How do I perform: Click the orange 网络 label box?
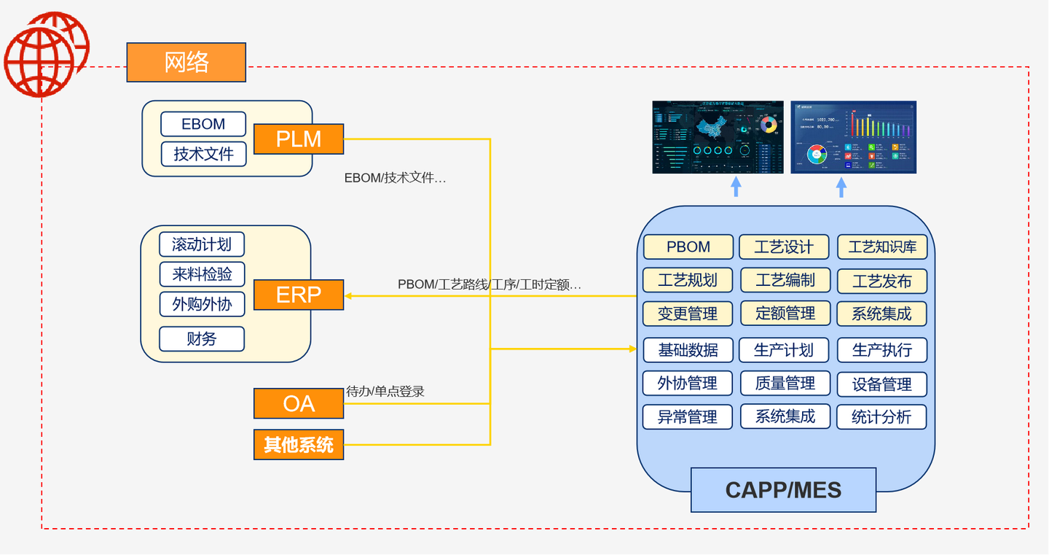(x=186, y=62)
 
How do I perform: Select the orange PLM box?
(x=299, y=139)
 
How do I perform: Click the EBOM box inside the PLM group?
(x=203, y=124)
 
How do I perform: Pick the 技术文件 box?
(x=203, y=154)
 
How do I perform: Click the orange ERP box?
(x=299, y=295)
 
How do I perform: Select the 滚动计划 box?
(x=202, y=244)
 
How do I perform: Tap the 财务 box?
(x=202, y=338)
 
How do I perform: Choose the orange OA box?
(x=299, y=403)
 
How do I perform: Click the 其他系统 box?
(x=299, y=444)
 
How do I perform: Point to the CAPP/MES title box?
(x=783, y=490)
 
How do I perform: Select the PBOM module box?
(x=688, y=247)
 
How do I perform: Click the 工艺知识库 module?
(x=882, y=247)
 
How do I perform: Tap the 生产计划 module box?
(x=784, y=350)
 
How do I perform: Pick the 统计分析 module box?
(x=881, y=417)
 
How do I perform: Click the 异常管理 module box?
(x=688, y=417)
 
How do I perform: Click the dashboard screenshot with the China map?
(x=718, y=137)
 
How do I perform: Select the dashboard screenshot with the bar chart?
(x=853, y=137)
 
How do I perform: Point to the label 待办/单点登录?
(x=385, y=392)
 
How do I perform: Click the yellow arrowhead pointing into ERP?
(x=349, y=295)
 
